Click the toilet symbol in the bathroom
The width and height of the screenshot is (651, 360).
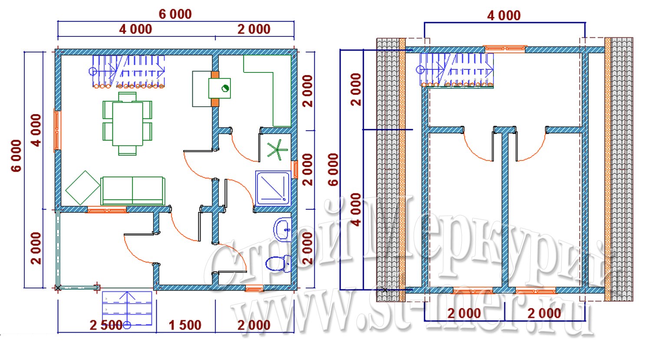(x=278, y=263)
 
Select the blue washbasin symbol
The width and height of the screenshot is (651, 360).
(x=282, y=229)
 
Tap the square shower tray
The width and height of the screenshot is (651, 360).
(x=273, y=188)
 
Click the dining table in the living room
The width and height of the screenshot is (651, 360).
(x=127, y=124)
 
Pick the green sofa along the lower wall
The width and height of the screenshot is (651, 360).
(x=133, y=191)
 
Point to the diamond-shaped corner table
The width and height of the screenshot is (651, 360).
(x=83, y=188)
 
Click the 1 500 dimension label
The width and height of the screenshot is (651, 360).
(x=185, y=325)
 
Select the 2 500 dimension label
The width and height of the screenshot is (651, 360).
(x=106, y=325)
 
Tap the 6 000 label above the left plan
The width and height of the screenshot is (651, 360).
(x=175, y=14)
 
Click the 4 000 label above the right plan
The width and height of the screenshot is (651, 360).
(x=504, y=16)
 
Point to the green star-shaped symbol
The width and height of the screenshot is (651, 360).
(x=277, y=150)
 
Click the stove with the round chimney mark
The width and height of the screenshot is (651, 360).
(x=220, y=88)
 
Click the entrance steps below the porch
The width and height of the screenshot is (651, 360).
(x=127, y=308)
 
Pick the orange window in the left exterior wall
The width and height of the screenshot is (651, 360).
(x=57, y=130)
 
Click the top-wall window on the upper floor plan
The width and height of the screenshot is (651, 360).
(x=505, y=49)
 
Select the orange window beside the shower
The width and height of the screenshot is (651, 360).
(x=295, y=170)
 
